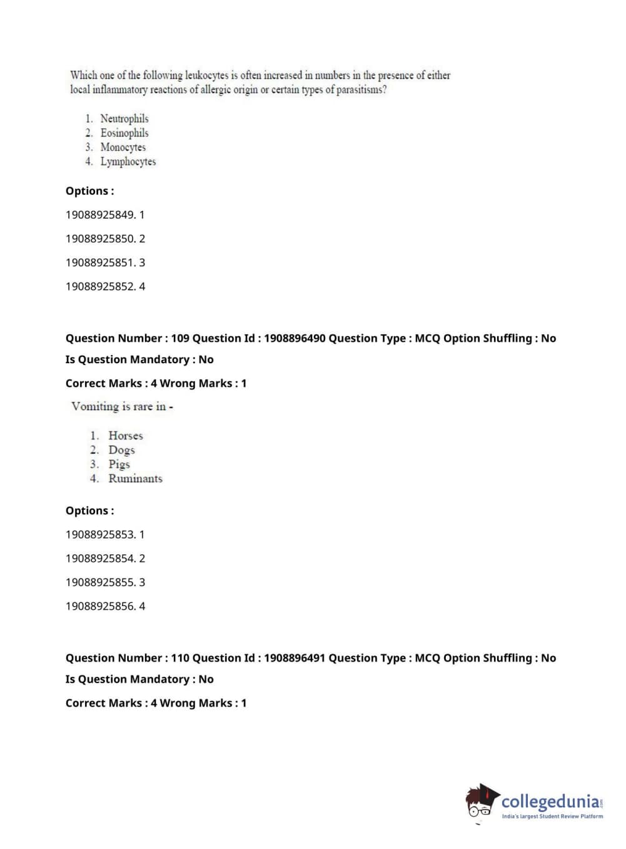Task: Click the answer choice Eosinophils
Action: click(x=124, y=133)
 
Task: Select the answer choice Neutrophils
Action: click(x=124, y=118)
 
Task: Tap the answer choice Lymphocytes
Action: click(x=128, y=162)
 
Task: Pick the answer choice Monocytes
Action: click(x=123, y=147)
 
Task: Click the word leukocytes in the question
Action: click(x=207, y=75)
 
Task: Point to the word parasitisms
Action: click(x=361, y=90)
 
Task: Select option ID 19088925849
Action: click(x=100, y=215)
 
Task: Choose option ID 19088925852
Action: click(x=100, y=286)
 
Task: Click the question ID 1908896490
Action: click(x=295, y=338)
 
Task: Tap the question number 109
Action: click(x=180, y=338)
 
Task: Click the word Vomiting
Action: click(x=95, y=406)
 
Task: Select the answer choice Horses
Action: click(x=126, y=436)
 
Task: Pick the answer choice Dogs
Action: click(x=121, y=450)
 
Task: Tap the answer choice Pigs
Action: click(x=119, y=465)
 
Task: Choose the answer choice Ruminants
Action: click(x=135, y=479)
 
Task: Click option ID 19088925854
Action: click(x=100, y=558)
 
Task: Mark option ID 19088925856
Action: click(x=100, y=606)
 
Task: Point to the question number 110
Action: click(x=180, y=658)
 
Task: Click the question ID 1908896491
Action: click(x=295, y=658)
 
